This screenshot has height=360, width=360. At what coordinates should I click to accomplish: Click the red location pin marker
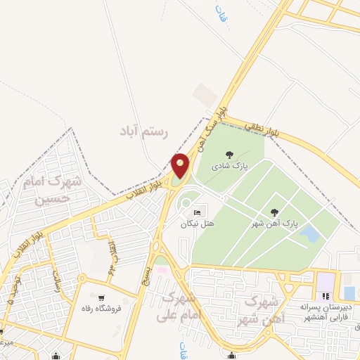pos(181,166)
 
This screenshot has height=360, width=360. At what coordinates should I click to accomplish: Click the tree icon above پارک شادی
pos(229,154)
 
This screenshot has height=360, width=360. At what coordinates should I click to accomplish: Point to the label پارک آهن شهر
pos(276,224)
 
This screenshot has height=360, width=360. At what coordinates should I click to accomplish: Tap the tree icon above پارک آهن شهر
pos(274,212)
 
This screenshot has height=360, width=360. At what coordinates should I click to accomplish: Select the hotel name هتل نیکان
pos(195,224)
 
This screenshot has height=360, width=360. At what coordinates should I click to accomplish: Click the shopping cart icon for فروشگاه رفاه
pos(103,297)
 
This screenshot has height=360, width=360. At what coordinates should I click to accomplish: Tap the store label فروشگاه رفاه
pos(103,308)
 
